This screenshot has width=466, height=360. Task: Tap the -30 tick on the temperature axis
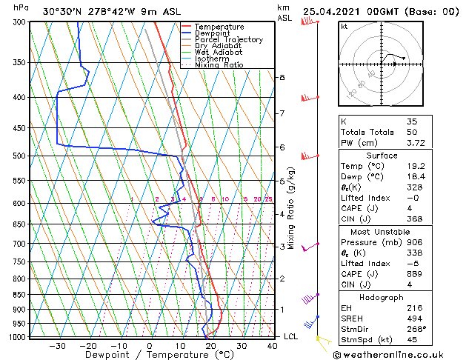click(x=57, y=346)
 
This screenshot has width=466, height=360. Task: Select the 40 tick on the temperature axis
click(x=273, y=346)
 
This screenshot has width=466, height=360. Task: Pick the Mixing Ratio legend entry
click(x=219, y=65)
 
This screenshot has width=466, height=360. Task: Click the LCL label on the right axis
click(x=292, y=336)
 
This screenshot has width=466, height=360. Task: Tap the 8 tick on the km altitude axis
click(x=282, y=77)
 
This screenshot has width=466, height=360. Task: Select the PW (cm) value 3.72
click(x=415, y=143)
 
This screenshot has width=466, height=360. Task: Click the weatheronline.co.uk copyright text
click(x=398, y=354)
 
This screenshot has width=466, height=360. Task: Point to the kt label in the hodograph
click(x=344, y=27)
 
